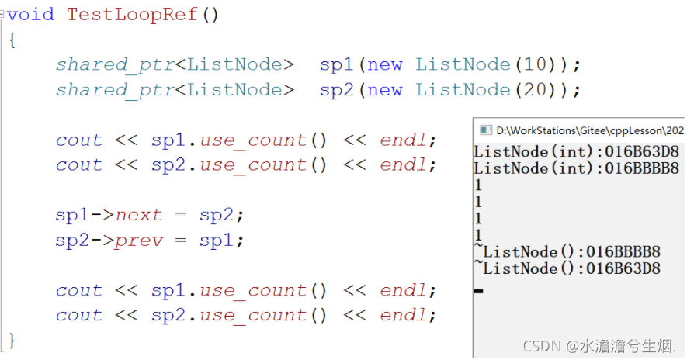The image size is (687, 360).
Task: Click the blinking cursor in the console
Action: tap(478, 291)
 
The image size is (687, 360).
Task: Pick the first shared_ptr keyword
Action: tap(115, 64)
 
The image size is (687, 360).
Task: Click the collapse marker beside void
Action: tap(3, 14)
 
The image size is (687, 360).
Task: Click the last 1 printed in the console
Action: tap(478, 235)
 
